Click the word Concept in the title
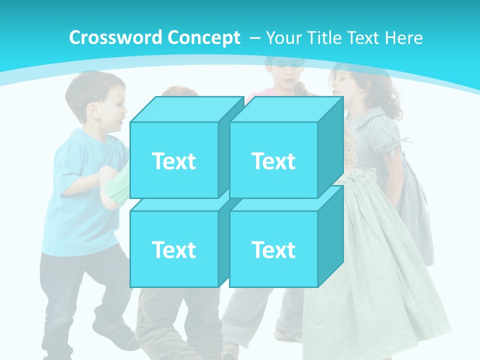pos(204,38)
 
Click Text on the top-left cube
pos(173,161)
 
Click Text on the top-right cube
pos(273,161)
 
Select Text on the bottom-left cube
pos(173,249)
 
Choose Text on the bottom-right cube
pos(273,249)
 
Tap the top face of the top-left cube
pos(186,109)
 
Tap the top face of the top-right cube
pos(285,109)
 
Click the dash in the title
pos(254,38)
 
